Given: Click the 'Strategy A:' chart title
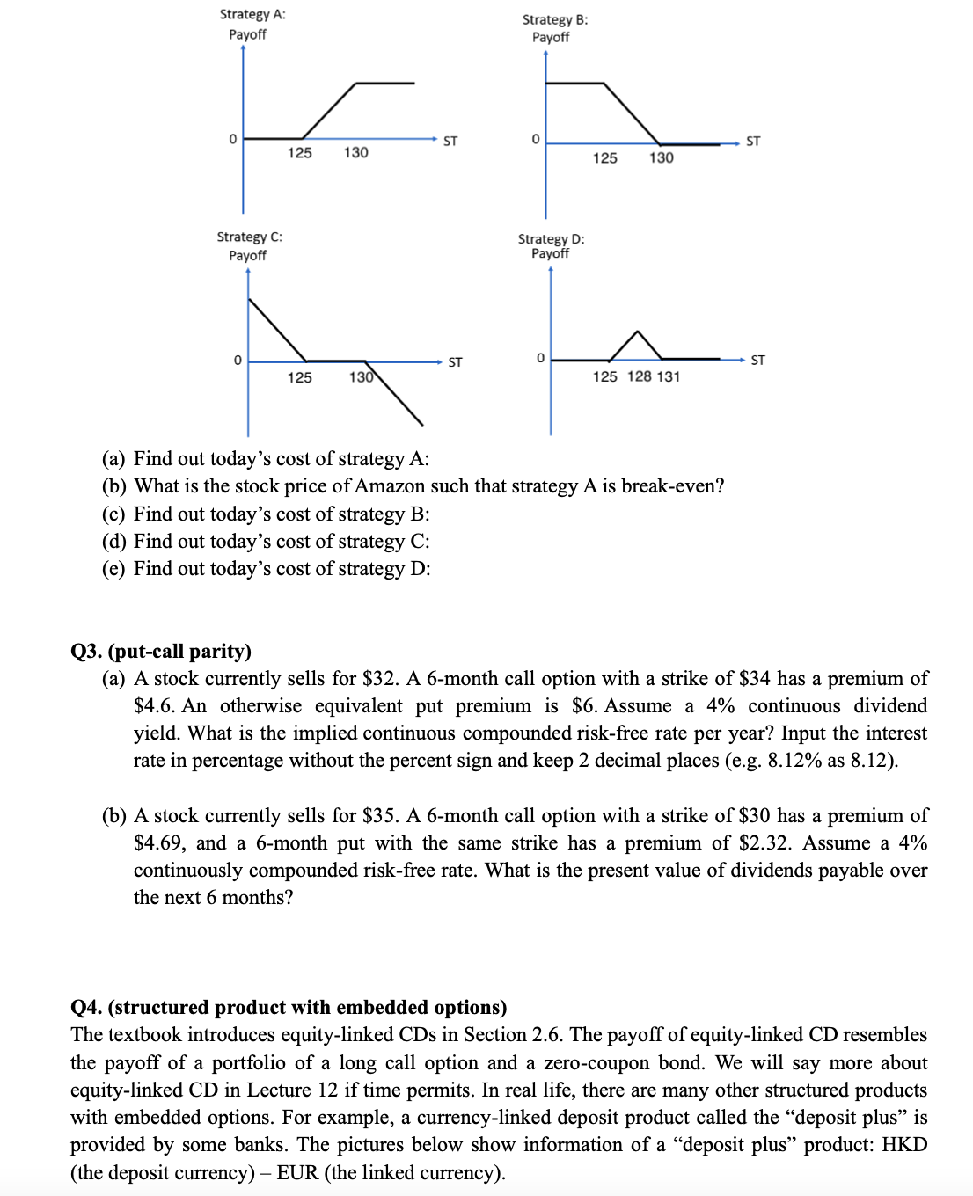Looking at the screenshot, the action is [252, 14].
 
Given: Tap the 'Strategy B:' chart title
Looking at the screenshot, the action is [554, 19].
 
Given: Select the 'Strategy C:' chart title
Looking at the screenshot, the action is [249, 237].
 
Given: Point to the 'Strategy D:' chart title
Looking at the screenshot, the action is [551, 238].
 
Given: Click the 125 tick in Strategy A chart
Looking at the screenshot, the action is [299, 153].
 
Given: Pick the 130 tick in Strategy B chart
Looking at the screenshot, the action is [661, 157].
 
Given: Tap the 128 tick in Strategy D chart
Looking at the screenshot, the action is [640, 376].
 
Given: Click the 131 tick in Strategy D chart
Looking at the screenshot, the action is [669, 376].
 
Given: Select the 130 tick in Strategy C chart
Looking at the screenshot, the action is [361, 377].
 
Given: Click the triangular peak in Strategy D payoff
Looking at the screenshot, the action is [636, 333].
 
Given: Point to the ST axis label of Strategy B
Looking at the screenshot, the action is [753, 141].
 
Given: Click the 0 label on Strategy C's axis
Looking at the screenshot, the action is [237, 361].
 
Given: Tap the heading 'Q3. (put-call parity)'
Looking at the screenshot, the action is [161, 651].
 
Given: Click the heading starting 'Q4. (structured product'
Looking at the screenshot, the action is [289, 1007].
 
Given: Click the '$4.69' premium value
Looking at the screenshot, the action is [158, 843].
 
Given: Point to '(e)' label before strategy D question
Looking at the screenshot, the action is [113, 569].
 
